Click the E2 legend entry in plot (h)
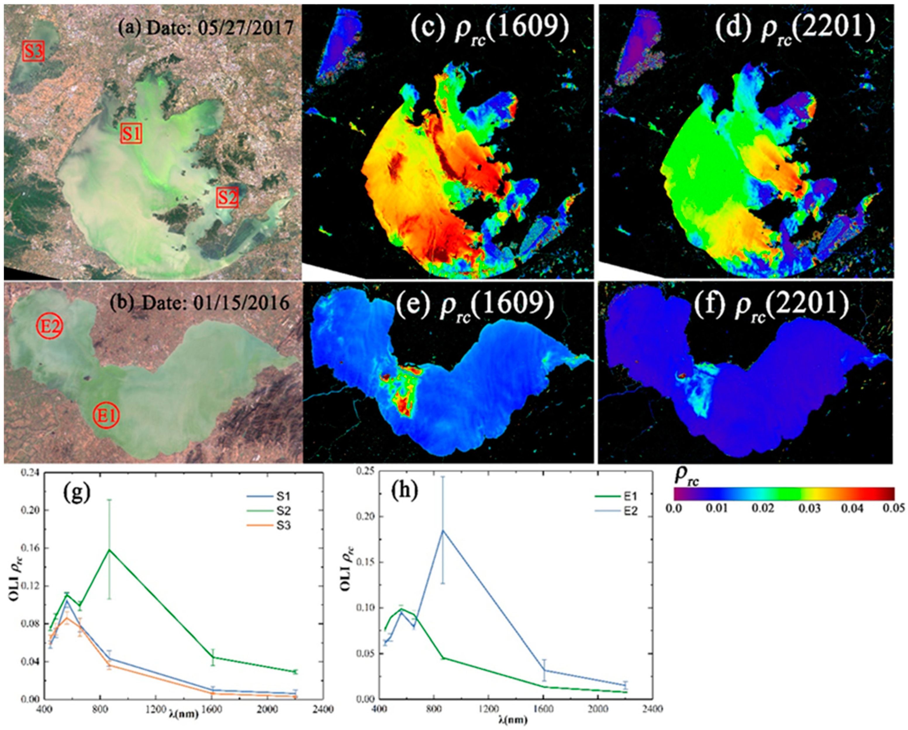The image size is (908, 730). (632, 511)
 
